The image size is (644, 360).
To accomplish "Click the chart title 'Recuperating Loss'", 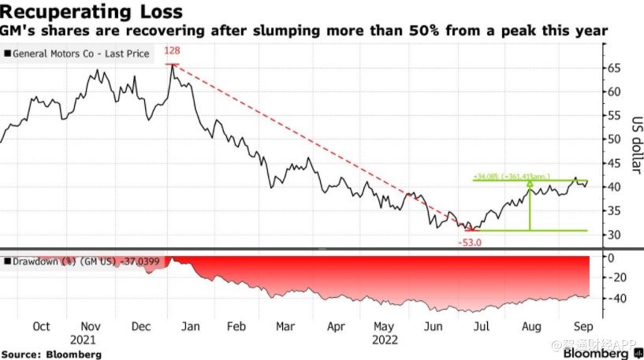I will pyautogui.click(x=93, y=12).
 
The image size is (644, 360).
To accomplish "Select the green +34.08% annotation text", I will pyautogui.click(x=512, y=176).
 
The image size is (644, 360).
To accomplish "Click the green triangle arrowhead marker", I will pyautogui.click(x=530, y=184).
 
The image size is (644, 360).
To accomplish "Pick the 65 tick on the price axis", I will pyautogui.click(x=613, y=68).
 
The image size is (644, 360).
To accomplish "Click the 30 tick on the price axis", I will pyautogui.click(x=613, y=235).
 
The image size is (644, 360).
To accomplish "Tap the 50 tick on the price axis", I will pyautogui.click(x=613, y=139).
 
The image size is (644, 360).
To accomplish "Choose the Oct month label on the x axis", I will pyautogui.click(x=41, y=326).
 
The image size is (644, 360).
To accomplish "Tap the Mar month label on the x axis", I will pyautogui.click(x=286, y=326).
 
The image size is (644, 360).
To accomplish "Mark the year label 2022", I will pyautogui.click(x=383, y=340).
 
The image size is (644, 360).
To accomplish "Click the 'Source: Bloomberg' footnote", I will pyautogui.click(x=51, y=354).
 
